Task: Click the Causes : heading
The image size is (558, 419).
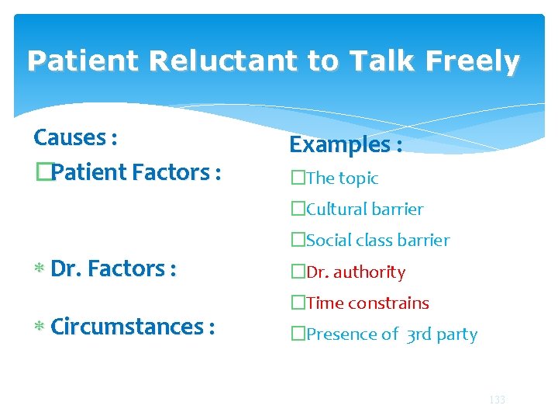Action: pos(75,138)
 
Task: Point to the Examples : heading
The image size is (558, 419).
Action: pos(346,144)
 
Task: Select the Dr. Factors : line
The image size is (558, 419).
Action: pos(113,268)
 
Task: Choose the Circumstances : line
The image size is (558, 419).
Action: pos(132,327)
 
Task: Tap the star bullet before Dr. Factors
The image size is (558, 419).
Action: pos(38,269)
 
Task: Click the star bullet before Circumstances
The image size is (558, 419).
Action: pos(38,327)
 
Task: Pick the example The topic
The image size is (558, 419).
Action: pos(342,178)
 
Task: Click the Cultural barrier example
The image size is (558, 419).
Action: pos(364,209)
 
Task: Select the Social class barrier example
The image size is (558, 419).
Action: pos(377,241)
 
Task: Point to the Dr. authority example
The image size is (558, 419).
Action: pos(355,272)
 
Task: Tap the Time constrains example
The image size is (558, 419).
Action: pos(367,303)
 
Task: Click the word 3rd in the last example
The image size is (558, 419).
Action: pos(421,335)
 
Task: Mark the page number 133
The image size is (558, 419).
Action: pos(497,400)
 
